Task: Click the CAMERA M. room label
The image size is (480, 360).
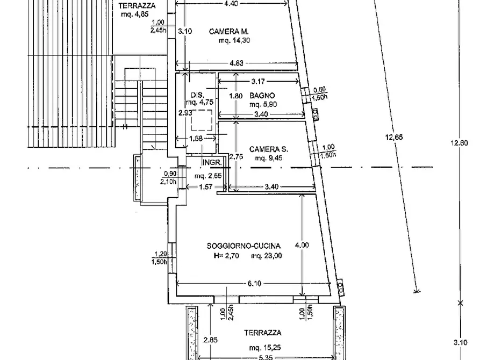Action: pyautogui.click(x=228, y=32)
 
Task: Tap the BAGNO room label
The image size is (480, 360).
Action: pyautogui.click(x=262, y=96)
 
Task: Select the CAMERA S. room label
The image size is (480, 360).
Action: pyautogui.click(x=268, y=149)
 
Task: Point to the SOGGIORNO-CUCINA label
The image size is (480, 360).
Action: pyautogui.click(x=243, y=246)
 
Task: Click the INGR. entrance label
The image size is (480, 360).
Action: pyautogui.click(x=212, y=163)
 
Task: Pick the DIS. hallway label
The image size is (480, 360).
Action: pyautogui.click(x=197, y=95)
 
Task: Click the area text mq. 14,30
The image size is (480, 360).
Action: pyautogui.click(x=234, y=40)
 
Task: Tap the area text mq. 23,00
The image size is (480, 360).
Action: pyautogui.click(x=266, y=256)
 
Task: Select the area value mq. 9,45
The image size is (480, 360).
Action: pyautogui.click(x=268, y=159)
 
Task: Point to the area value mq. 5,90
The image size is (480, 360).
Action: pyautogui.click(x=263, y=104)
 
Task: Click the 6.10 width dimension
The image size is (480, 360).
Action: pyautogui.click(x=254, y=284)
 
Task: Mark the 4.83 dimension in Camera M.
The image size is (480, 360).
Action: pyautogui.click(x=237, y=63)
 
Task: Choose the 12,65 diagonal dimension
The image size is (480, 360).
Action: pyautogui.click(x=394, y=137)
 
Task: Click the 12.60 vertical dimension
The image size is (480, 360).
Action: pyautogui.click(x=459, y=142)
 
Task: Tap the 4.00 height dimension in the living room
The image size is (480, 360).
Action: pyautogui.click(x=302, y=245)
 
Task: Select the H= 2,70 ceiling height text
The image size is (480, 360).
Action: pyautogui.click(x=226, y=256)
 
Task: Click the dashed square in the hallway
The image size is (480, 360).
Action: pyautogui.click(x=202, y=120)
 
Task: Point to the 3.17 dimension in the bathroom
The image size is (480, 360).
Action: pyautogui.click(x=258, y=82)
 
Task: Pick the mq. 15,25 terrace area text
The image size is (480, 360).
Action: pyautogui.click(x=265, y=348)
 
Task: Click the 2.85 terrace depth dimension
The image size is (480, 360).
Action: pyautogui.click(x=211, y=340)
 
